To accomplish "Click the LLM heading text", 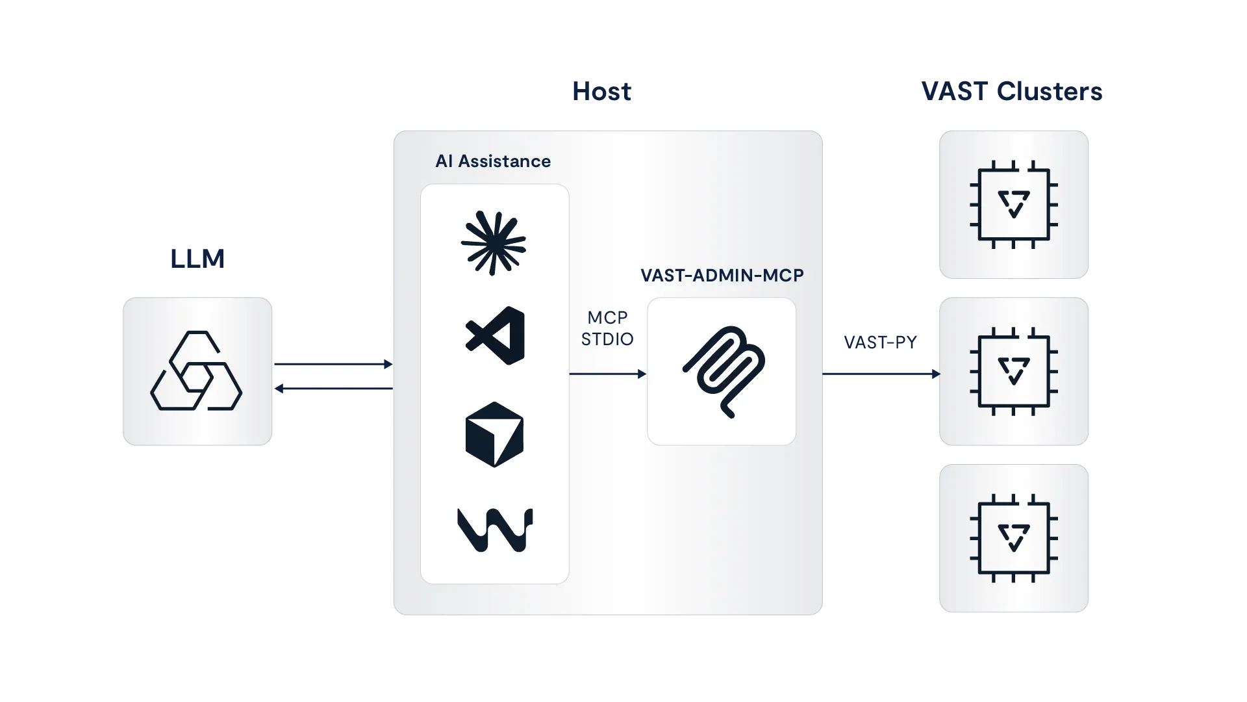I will (197, 258).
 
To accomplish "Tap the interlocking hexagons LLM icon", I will (196, 371).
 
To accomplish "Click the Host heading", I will (602, 92).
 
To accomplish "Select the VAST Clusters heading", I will (1012, 92).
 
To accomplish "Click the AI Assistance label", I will (493, 161).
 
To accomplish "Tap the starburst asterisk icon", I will (494, 243).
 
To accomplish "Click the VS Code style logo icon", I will (496, 335).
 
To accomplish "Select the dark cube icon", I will (494, 434).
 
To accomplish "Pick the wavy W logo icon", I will (495, 530).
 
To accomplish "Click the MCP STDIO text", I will (607, 328).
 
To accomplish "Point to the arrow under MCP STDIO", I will (607, 374).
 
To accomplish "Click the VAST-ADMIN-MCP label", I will (722, 276).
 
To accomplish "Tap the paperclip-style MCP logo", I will (724, 371).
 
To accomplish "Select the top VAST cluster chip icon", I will (1013, 205).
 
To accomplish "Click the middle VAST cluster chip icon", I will (1013, 372).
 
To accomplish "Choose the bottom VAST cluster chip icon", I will (1013, 538).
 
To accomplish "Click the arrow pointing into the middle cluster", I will (881, 374).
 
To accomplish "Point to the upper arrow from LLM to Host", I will (334, 365).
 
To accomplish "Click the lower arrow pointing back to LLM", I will (334, 388).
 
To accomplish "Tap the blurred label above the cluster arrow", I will (880, 341).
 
